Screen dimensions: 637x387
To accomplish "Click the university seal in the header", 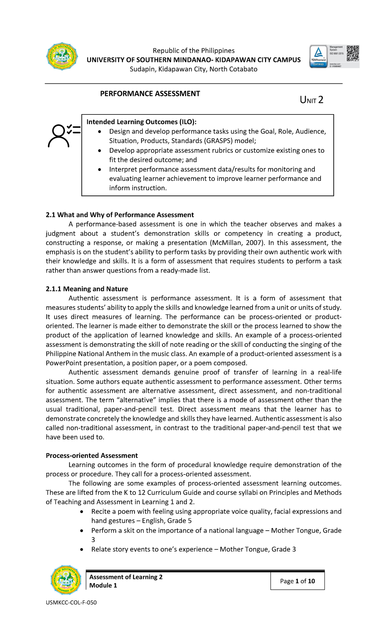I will coord(62,57).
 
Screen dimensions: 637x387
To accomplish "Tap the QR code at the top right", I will coord(352,53).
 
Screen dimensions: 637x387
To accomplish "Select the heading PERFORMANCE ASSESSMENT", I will coord(150,94).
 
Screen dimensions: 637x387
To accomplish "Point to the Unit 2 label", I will coord(311,100).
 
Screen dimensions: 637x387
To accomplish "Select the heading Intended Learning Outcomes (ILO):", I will coord(141,122).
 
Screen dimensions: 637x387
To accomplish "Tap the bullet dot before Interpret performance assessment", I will coord(100,170).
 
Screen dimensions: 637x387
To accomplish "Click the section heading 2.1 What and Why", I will coord(120,215).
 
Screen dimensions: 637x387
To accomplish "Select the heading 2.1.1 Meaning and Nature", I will coord(87,289).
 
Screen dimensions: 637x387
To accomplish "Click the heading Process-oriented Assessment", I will coord(92,456).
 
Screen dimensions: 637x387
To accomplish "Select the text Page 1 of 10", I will coord(297,581).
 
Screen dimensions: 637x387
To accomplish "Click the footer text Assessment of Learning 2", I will coord(126,577).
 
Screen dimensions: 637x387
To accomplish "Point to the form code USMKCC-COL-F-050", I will coord(71,603).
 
